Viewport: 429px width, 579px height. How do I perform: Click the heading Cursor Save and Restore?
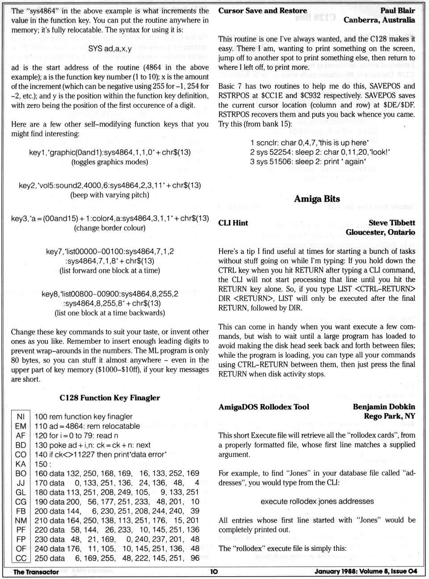262,11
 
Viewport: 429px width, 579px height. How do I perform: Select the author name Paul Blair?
397,11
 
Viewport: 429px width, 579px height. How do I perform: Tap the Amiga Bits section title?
317,199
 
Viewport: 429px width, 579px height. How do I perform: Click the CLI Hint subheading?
233,223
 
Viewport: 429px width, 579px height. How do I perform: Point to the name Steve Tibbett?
391,223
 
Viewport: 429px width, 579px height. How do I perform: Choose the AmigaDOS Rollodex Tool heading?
264,407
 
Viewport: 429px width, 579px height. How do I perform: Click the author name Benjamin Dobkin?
383,407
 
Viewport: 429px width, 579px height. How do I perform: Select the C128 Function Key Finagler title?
109,398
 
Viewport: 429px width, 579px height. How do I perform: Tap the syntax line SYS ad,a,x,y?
110,48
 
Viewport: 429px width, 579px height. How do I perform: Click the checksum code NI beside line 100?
21,417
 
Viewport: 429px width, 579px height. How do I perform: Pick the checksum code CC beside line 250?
21,558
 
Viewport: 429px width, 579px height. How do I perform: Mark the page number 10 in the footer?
214,571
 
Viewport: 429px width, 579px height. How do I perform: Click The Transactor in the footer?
36,572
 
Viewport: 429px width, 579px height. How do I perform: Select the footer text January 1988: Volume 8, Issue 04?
365,571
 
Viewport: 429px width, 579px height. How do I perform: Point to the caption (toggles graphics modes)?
110,162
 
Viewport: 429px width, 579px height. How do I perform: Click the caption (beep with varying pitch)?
110,195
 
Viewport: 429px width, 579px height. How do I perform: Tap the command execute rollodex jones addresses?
317,502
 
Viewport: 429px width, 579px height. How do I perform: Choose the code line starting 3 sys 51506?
308,162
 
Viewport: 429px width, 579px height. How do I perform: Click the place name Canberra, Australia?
379,20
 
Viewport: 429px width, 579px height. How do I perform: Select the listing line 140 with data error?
100,454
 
